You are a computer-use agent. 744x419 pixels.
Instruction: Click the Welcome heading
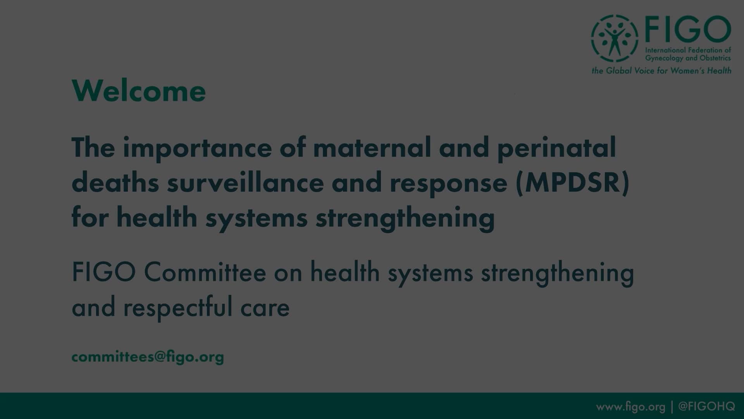(139, 91)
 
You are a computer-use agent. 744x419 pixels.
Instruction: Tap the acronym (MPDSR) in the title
(572, 183)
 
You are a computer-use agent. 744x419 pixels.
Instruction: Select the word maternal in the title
(372, 148)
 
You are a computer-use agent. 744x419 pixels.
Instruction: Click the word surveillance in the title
(245, 183)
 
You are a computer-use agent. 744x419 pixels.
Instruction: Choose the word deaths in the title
(115, 183)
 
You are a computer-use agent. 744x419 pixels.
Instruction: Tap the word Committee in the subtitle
(205, 272)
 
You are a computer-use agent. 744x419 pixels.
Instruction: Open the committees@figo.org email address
(148, 357)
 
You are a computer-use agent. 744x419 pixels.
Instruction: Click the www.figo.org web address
(630, 407)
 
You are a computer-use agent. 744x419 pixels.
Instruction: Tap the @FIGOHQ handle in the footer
(706, 406)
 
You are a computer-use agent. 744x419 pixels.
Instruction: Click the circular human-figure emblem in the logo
(614, 38)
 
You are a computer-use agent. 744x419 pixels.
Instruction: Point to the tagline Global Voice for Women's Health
(661, 71)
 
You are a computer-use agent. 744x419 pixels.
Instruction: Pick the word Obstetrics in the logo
(715, 58)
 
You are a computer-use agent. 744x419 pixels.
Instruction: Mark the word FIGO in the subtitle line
(103, 272)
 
